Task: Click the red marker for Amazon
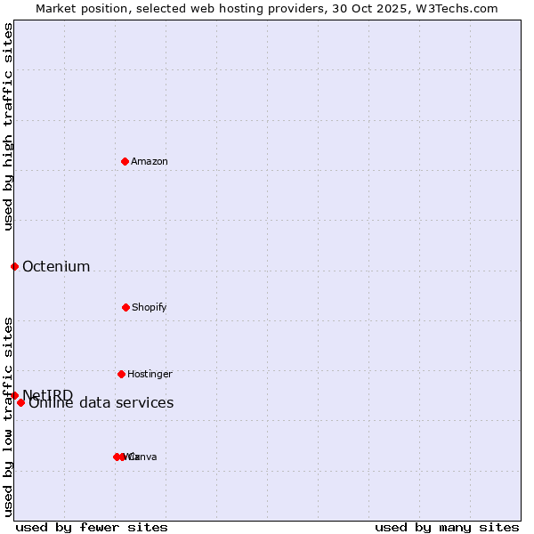(125, 161)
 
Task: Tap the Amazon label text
(150, 162)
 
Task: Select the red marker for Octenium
(14, 266)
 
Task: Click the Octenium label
(56, 267)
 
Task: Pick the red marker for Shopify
(125, 307)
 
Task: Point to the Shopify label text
(150, 308)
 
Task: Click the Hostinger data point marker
(121, 374)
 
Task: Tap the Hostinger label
(150, 375)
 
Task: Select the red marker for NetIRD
(14, 395)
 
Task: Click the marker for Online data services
(20, 402)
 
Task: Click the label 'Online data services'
(101, 403)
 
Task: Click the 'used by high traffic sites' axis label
(9, 126)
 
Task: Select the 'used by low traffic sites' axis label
(9, 417)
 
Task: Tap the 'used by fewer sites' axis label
(92, 527)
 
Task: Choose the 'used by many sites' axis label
(447, 527)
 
